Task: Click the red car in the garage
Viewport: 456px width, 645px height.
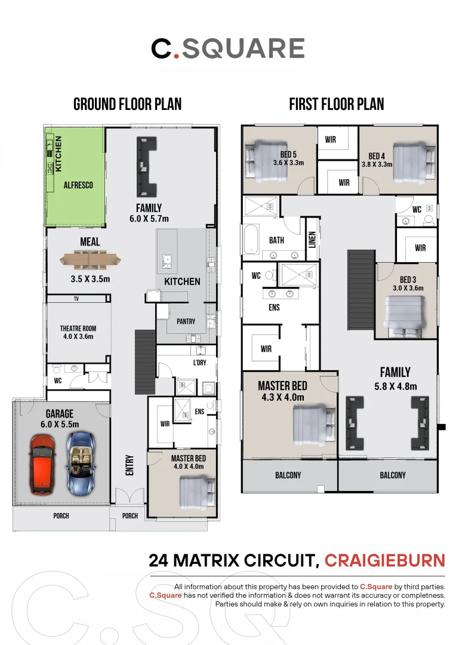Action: point(42,465)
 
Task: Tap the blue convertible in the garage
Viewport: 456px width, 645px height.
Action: point(81,463)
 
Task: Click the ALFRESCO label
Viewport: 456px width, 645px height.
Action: point(78,185)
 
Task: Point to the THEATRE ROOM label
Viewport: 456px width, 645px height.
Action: point(78,328)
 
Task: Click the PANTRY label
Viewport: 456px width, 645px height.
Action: point(186,321)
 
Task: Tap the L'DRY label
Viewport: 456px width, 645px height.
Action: point(199,363)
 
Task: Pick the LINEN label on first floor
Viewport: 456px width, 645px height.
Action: point(312,240)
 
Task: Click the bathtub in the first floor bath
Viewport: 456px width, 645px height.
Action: point(251,239)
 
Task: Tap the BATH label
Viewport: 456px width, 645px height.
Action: point(276,240)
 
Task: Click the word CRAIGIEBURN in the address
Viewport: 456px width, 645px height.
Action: point(385,560)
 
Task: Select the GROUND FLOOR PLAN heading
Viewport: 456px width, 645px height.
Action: point(128,105)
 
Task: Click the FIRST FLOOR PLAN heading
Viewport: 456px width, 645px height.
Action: point(337,105)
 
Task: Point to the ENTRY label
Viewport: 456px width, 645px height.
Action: point(130,465)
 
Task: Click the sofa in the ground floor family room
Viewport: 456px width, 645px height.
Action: point(147,167)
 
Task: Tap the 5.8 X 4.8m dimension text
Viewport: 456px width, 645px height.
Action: point(396,386)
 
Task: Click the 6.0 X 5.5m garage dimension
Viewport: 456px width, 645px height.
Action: point(60,424)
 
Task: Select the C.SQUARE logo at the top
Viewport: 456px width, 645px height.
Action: point(228,48)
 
